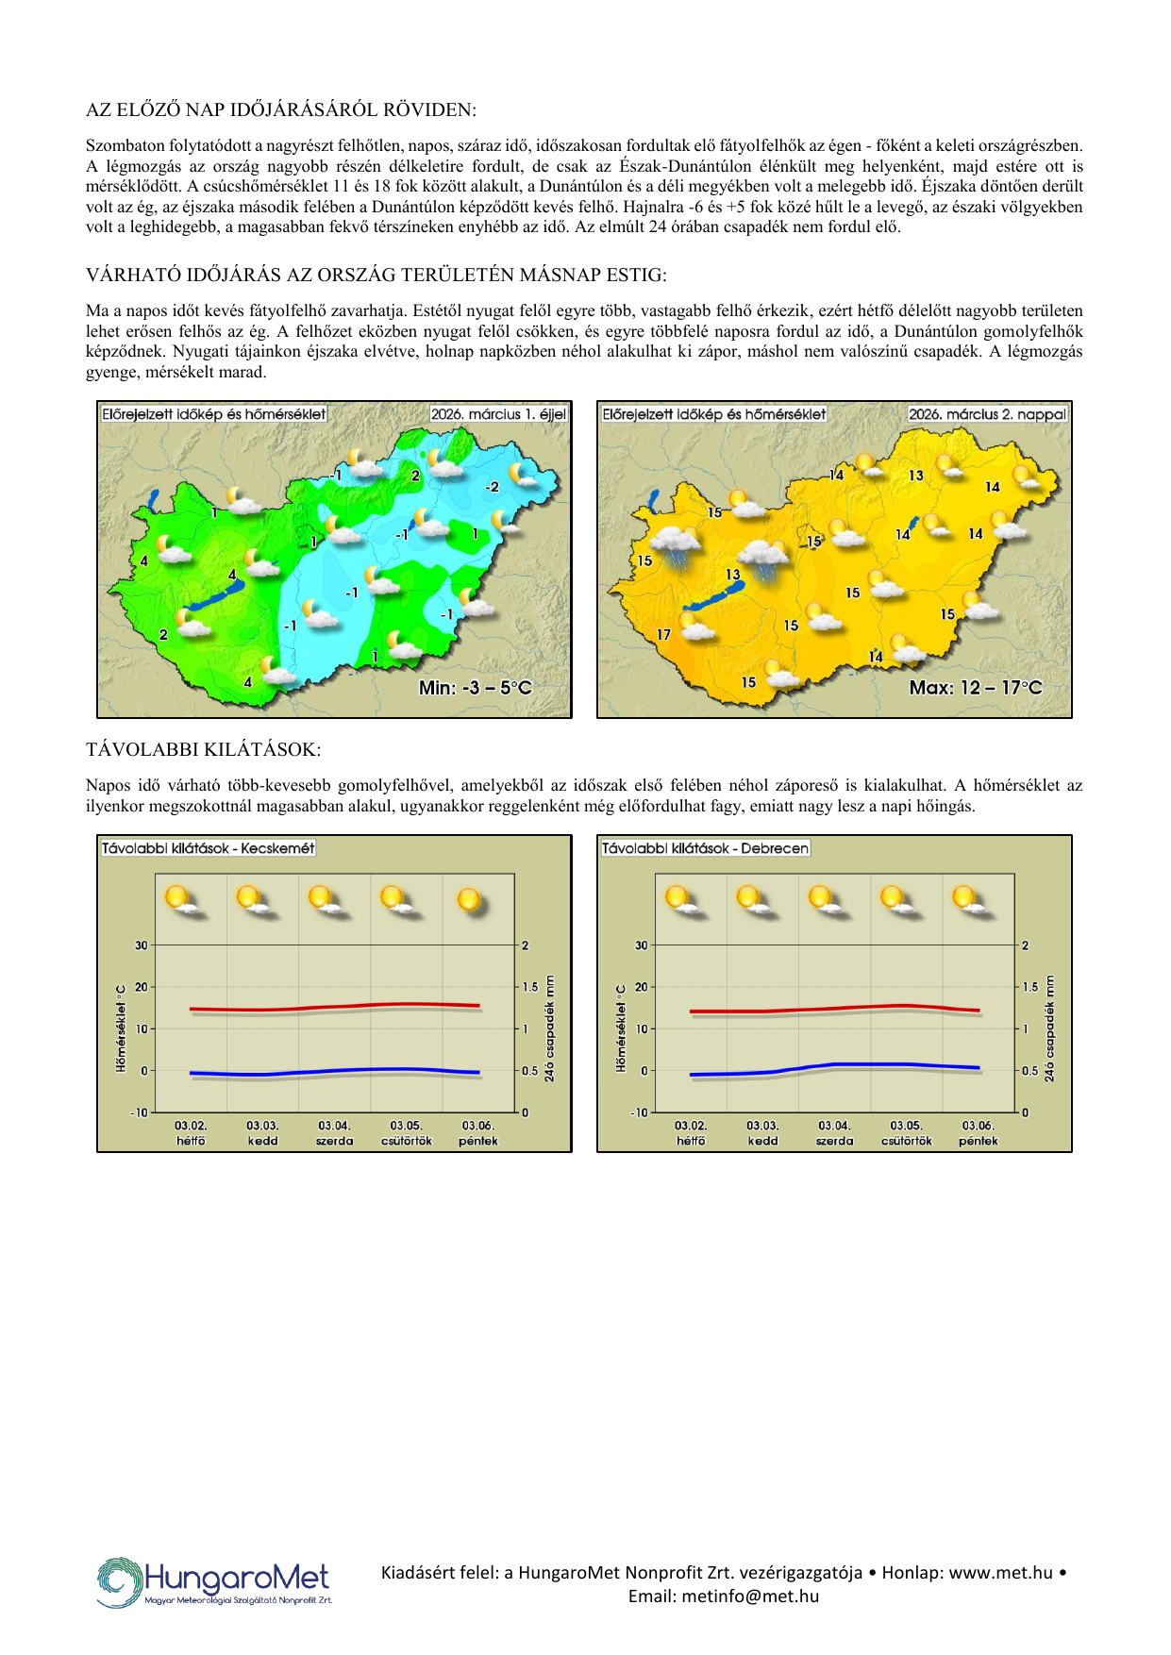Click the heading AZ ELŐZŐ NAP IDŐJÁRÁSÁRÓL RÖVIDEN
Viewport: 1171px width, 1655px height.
(280, 109)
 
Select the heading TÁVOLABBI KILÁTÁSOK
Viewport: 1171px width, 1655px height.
(203, 749)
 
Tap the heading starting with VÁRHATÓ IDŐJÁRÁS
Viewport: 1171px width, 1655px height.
(376, 275)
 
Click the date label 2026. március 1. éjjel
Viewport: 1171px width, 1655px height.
(498, 414)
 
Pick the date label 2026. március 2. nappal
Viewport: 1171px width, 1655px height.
(987, 414)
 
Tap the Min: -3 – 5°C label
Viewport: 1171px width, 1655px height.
(476, 688)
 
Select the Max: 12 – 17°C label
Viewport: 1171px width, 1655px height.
(976, 688)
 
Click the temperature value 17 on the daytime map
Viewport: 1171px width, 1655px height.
(663, 635)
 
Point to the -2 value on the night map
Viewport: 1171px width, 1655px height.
(492, 487)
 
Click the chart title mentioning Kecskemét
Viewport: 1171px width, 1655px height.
(208, 848)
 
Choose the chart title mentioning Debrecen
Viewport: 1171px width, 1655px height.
(705, 848)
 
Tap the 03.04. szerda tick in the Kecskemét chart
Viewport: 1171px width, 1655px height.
(334, 1133)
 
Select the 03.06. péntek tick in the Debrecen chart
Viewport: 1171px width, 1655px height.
(978, 1133)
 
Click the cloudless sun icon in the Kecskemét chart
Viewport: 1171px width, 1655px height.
(470, 900)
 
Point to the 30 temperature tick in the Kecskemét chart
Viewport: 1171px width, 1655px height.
(142, 945)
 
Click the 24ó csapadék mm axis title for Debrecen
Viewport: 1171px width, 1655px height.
(1049, 1028)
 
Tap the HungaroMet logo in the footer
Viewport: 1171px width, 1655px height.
(214, 1582)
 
